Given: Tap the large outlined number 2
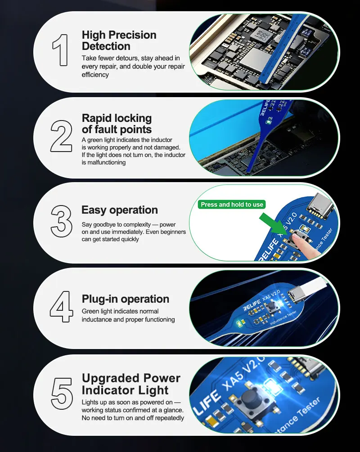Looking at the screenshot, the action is pos(61,136).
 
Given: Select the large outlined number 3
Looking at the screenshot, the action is pos(62,221).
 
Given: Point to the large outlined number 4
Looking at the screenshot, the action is pos(61,306).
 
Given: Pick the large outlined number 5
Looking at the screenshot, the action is pos(62,393).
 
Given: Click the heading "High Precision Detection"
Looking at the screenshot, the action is pos(119,40).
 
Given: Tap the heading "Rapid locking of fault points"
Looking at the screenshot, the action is pos(117,124).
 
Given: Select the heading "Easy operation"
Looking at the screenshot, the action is pos(119,210).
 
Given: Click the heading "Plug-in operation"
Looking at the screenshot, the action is pos(126,299).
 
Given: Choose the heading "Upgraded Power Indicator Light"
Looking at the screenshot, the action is pos(131,384).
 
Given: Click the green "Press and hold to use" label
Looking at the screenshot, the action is pos(232,204).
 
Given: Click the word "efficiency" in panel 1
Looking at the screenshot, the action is pos(95,75).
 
